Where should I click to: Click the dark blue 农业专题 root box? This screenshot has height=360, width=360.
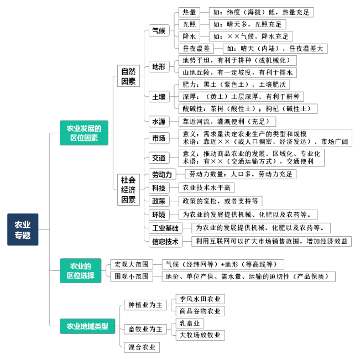pyautogui.click(x=23, y=229)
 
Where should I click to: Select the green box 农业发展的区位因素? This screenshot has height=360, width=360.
pyautogui.click(x=84, y=133)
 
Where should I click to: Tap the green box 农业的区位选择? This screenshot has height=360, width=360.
pyautogui.click(x=81, y=270)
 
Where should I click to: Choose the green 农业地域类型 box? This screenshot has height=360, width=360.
pyautogui.click(x=87, y=326)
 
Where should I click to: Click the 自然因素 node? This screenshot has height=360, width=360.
pyautogui.click(x=128, y=76)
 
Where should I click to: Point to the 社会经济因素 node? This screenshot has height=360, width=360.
pyautogui.click(x=128, y=190)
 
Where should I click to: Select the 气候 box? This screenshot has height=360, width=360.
pyautogui.click(x=159, y=30)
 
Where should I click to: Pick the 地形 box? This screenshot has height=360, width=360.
pyautogui.click(x=159, y=66)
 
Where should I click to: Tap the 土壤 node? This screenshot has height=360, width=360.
pyautogui.click(x=159, y=97)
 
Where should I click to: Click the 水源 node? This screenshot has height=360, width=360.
pyautogui.click(x=159, y=122)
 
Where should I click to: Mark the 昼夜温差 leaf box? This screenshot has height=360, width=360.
pyautogui.click(x=196, y=49)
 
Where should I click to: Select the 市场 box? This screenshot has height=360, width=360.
pyautogui.click(x=159, y=138)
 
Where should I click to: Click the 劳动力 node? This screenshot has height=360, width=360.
pyautogui.click(x=163, y=175)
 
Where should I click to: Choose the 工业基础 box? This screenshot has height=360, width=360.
pyautogui.click(x=165, y=228)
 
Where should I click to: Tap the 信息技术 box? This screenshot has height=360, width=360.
pyautogui.click(x=165, y=241)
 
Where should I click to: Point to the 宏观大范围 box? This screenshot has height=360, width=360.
pyautogui.click(x=132, y=264)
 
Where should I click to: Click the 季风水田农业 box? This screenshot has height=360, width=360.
pyautogui.click(x=200, y=299)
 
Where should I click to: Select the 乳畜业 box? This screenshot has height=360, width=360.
pyautogui.click(x=190, y=323)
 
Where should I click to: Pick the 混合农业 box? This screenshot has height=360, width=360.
pyautogui.click(x=142, y=347)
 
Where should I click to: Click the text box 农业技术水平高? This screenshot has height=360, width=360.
pyautogui.click(x=206, y=187)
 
